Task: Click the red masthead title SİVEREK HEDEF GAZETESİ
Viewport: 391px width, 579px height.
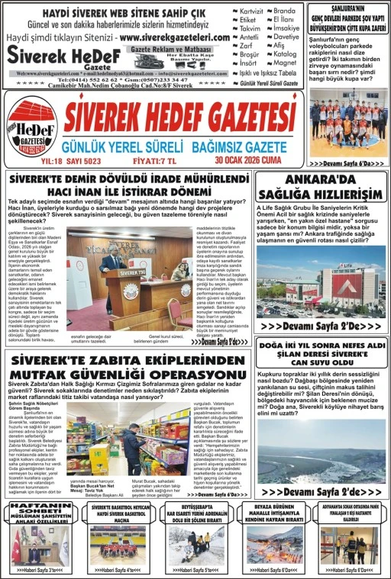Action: [x=179, y=117]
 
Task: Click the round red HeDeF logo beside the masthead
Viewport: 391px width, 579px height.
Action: [x=31, y=127]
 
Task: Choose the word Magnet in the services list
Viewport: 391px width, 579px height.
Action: [x=285, y=63]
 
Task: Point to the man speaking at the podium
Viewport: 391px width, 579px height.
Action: [x=114, y=266]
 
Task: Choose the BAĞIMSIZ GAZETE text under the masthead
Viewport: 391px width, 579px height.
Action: [x=234, y=145]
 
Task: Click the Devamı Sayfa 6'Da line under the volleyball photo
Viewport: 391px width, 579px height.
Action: [x=348, y=163]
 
